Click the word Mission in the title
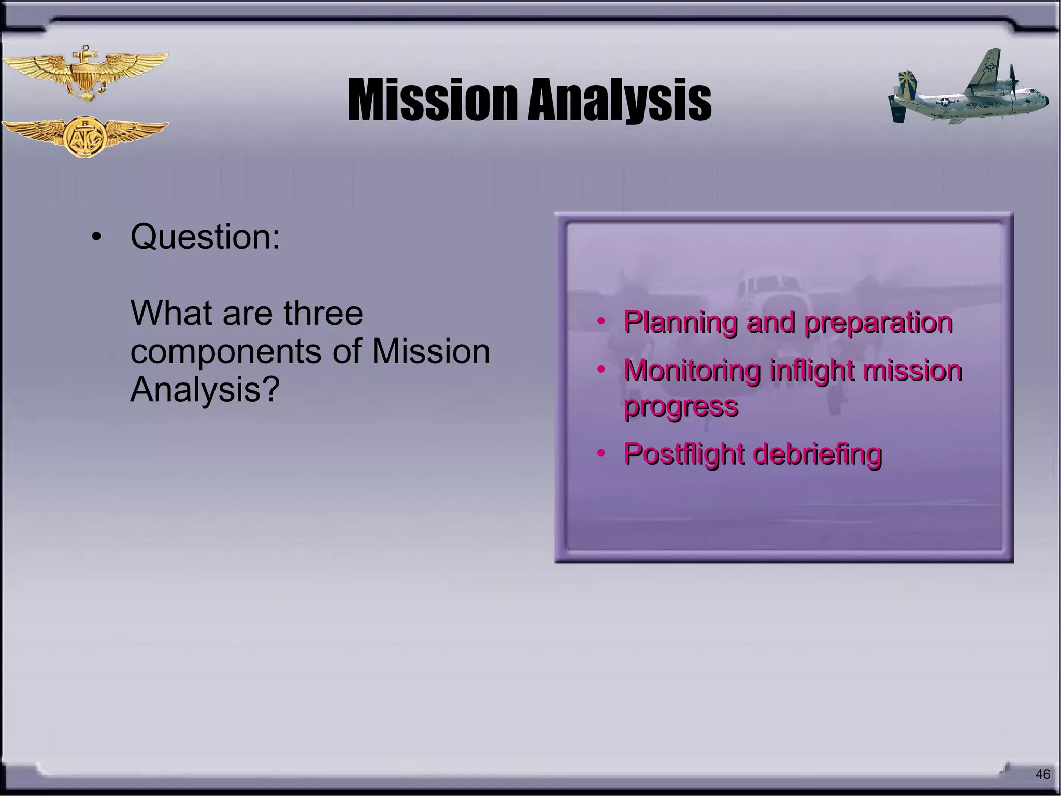433,100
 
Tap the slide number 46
1042,774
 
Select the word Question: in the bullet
205,237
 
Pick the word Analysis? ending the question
205,389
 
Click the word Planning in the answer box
680,322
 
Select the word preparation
878,322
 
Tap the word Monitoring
692,371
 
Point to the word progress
681,406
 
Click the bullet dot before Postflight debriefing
601,453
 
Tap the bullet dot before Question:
95,238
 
